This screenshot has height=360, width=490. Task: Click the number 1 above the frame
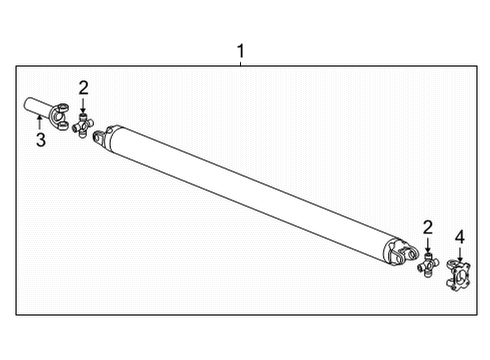(239, 49)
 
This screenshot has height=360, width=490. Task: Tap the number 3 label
(40, 140)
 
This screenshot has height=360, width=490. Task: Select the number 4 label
(460, 237)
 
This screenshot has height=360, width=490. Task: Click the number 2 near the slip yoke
(84, 87)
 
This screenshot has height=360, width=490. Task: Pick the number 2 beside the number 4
(428, 229)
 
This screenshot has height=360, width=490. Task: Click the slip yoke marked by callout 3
(45, 109)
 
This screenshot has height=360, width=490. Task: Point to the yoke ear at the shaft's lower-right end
(404, 257)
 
